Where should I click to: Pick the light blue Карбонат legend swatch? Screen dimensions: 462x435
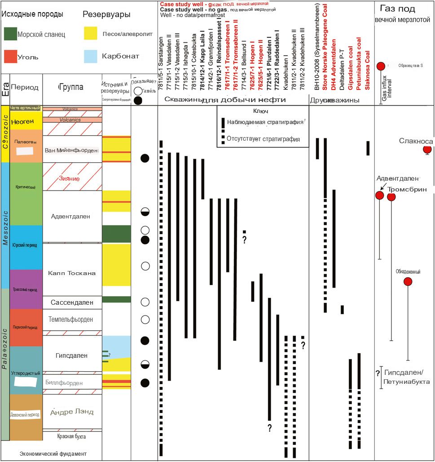point(91,56)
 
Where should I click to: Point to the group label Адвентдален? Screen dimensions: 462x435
point(71,216)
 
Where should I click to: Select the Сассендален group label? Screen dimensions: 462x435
point(72,302)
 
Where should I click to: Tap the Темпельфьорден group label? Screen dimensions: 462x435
point(71,320)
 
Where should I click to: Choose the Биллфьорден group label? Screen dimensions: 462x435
point(71,383)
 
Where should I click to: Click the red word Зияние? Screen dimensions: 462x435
point(70,178)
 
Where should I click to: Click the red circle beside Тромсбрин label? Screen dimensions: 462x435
point(391,197)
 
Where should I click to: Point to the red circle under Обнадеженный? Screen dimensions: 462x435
point(408,282)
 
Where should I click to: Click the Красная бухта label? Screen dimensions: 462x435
point(71,436)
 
